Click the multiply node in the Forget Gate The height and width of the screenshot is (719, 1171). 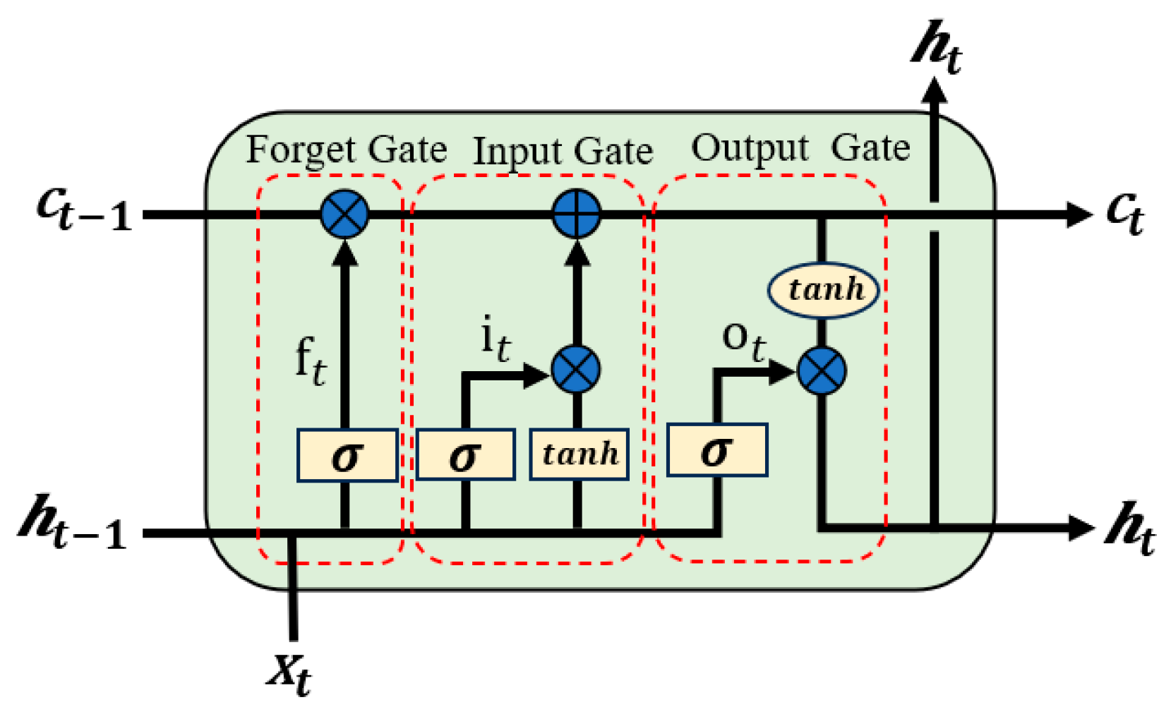pyautogui.click(x=344, y=214)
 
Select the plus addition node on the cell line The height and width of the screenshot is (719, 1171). pyautogui.click(x=576, y=214)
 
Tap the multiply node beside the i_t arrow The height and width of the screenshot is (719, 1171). pyautogui.click(x=576, y=369)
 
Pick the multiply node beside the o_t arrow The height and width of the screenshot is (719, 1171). pyautogui.click(x=822, y=370)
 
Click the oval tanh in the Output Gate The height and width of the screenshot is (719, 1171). pyautogui.click(x=824, y=289)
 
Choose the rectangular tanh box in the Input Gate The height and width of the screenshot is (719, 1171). pyautogui.click(x=580, y=454)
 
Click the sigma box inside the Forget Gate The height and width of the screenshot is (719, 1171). pyautogui.click(x=347, y=455)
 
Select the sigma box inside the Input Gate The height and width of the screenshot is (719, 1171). pyautogui.click(x=465, y=455)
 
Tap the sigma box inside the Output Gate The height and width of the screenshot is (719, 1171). pyautogui.click(x=716, y=450)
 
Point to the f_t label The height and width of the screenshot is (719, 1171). pyautogui.click(x=311, y=361)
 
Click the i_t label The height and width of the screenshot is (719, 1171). pyautogui.click(x=495, y=339)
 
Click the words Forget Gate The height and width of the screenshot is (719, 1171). pyautogui.click(x=346, y=150)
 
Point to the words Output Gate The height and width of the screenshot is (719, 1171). pyautogui.click(x=800, y=148)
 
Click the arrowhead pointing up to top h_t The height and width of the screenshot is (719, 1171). pyautogui.click(x=935, y=92)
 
